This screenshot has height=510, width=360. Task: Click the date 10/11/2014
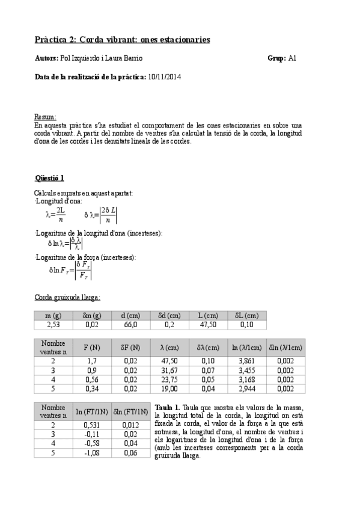[x=164, y=77]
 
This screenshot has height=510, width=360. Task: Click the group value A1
[x=293, y=58]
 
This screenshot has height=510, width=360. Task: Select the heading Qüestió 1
[x=50, y=178]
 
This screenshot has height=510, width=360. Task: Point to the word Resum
[x=46, y=117]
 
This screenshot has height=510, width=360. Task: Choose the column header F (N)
[x=92, y=348]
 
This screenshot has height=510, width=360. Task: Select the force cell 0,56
[x=92, y=379]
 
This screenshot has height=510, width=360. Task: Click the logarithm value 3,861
[x=246, y=360]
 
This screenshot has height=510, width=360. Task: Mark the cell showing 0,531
[x=92, y=425]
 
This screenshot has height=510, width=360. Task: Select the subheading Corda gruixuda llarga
[x=67, y=297]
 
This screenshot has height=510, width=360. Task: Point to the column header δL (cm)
[x=244, y=315]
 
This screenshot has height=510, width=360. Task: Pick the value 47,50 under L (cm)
[x=207, y=325]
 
